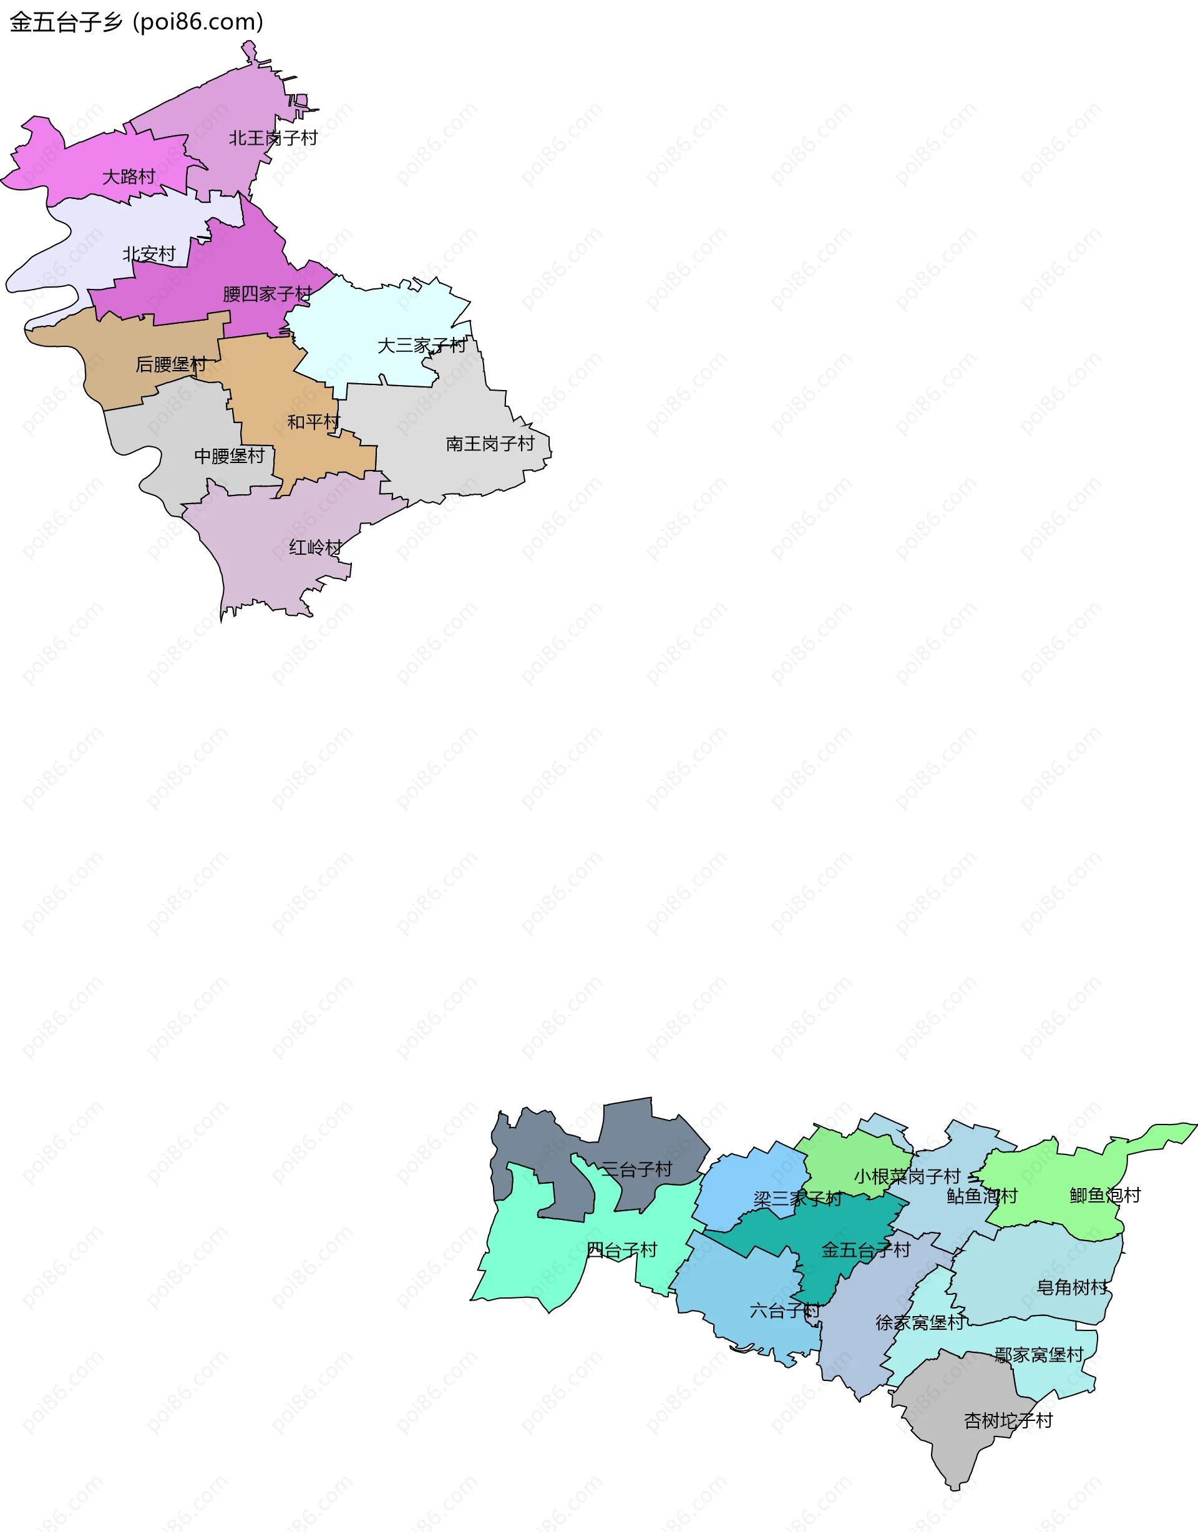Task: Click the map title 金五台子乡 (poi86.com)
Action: [137, 22]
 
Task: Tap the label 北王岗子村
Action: [273, 138]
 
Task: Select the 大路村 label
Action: [129, 177]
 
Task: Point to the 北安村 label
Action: [149, 254]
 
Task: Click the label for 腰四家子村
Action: [267, 294]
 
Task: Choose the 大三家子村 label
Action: [422, 346]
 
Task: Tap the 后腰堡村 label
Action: [170, 365]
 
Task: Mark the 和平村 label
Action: [313, 422]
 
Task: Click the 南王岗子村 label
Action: [490, 444]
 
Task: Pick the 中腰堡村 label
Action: [230, 457]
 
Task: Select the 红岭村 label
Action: [316, 548]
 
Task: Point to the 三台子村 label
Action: [636, 1170]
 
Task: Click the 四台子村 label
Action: [621, 1251]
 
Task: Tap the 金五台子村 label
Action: [865, 1251]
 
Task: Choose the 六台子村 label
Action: [784, 1311]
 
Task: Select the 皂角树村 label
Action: [1072, 1288]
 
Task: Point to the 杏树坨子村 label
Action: [1008, 1420]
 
